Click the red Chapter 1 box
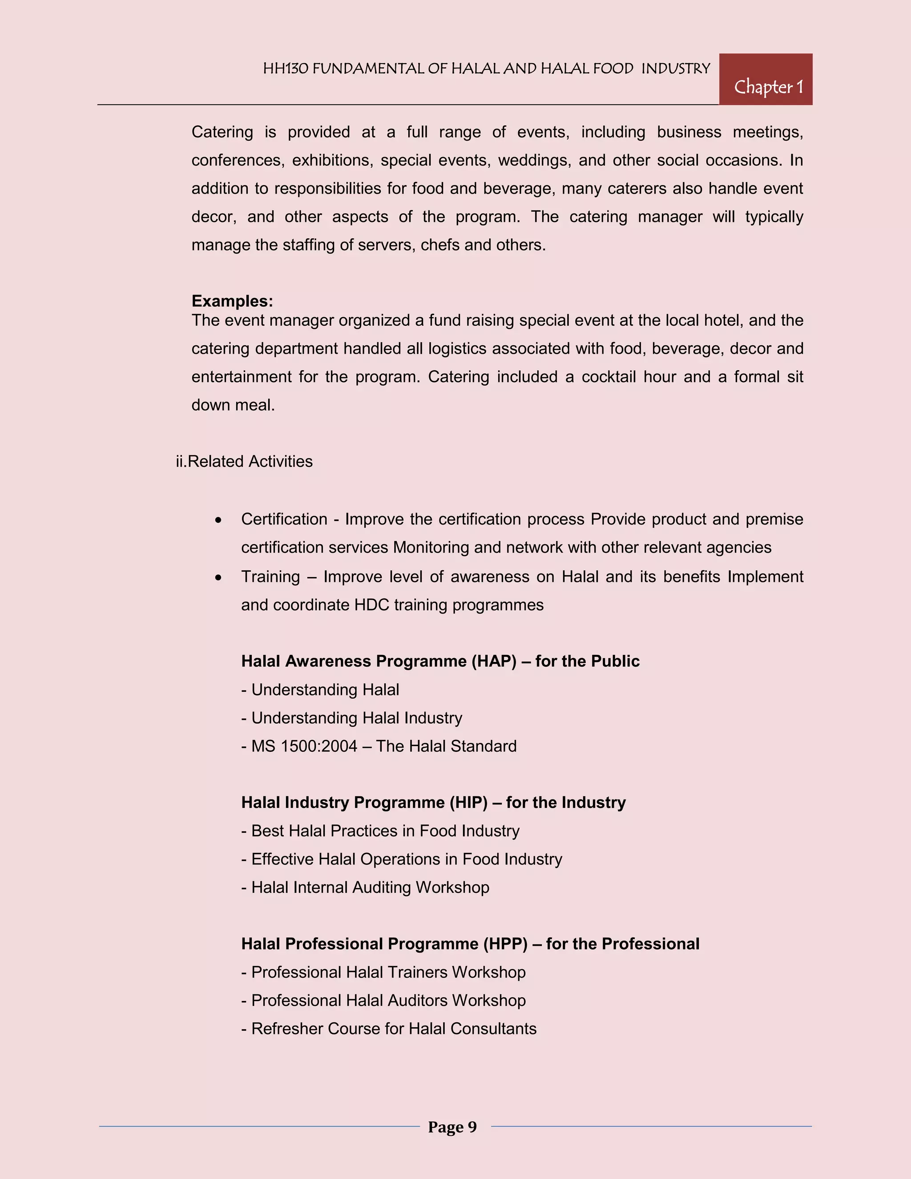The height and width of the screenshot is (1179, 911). (x=765, y=79)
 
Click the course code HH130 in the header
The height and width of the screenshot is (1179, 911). (x=286, y=69)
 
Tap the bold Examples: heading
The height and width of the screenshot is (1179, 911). (x=232, y=301)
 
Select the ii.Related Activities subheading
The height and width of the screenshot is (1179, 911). (x=244, y=461)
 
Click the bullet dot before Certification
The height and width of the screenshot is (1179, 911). (x=218, y=520)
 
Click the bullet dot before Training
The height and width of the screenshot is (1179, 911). (x=218, y=577)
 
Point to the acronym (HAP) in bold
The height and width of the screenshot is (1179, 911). (x=493, y=661)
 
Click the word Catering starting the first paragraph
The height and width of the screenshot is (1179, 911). (x=222, y=132)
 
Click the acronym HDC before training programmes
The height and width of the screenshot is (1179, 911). (x=371, y=605)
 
